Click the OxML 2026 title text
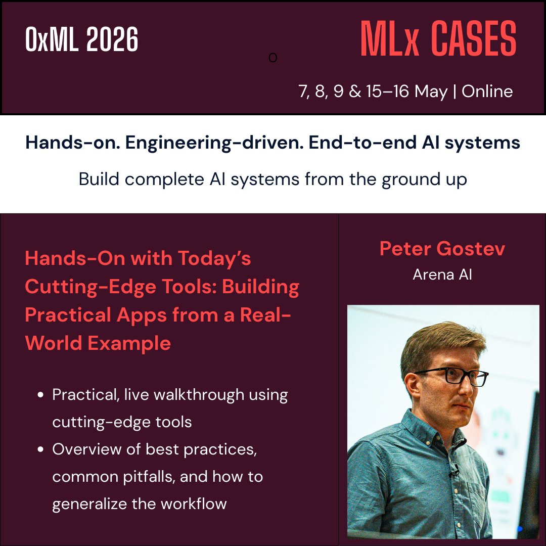(x=82, y=40)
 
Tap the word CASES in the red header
(x=474, y=39)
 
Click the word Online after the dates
(x=487, y=92)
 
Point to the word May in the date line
(x=431, y=92)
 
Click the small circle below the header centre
(x=273, y=58)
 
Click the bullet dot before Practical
(x=40, y=395)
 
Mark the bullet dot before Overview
(x=40, y=449)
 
